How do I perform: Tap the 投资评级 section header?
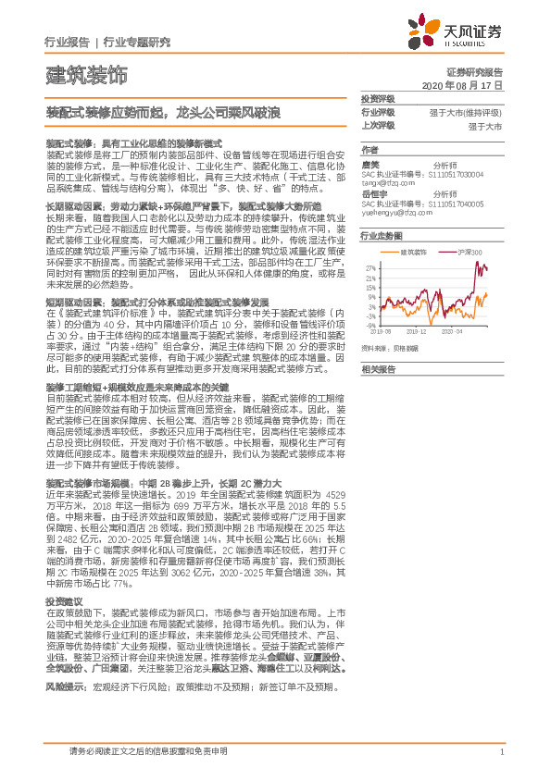(x=377, y=98)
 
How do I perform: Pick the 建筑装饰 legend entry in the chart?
(x=413, y=252)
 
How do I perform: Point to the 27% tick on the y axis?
(x=370, y=265)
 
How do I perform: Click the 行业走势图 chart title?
(x=382, y=237)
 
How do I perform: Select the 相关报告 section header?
(x=377, y=368)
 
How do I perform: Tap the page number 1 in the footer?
(x=501, y=752)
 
